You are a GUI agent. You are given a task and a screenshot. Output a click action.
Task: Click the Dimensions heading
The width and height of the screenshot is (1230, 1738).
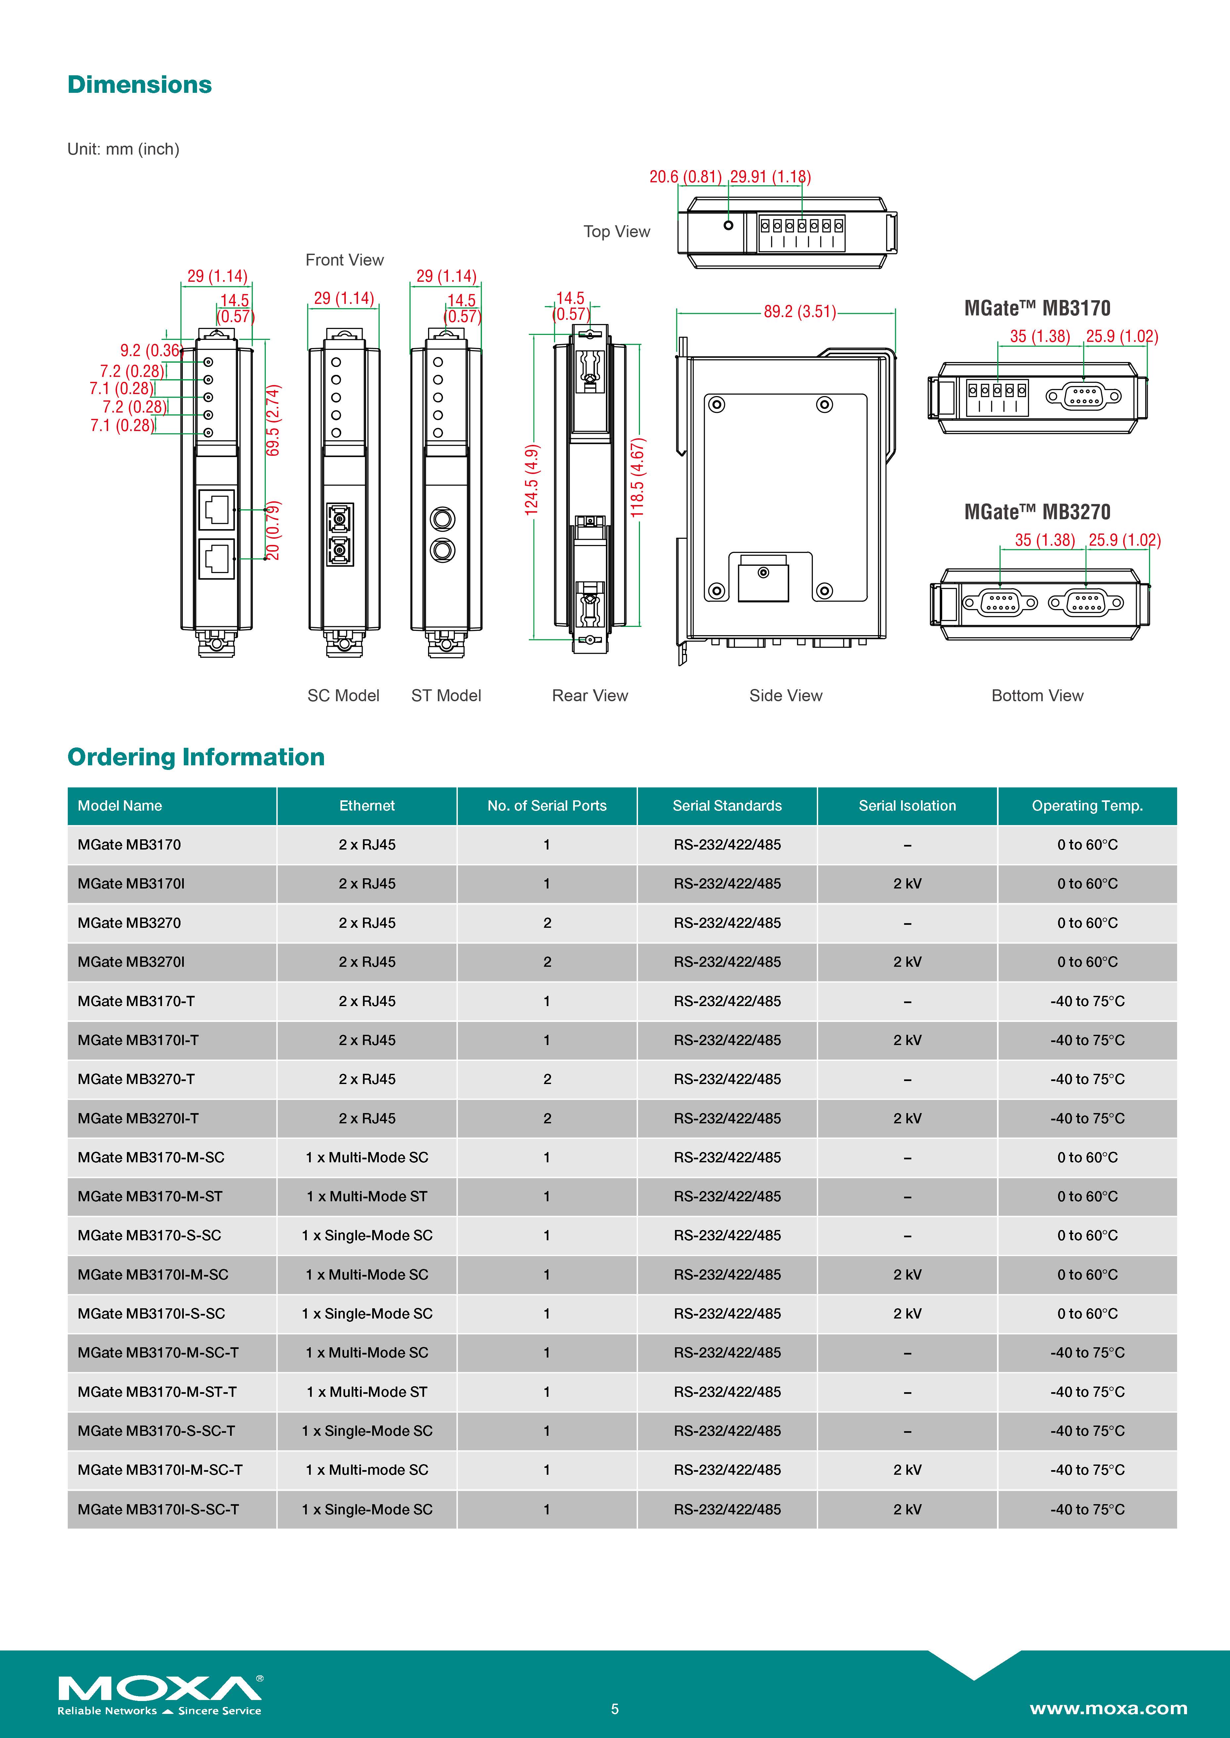139,85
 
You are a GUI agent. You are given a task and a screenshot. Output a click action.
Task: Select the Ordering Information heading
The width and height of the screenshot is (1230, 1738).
196,757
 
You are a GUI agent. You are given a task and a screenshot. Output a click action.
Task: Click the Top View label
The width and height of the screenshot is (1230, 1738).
616,232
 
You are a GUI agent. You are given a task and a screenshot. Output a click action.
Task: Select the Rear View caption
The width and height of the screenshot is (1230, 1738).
590,696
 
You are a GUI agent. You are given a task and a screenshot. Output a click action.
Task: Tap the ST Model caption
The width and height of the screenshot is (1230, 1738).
446,696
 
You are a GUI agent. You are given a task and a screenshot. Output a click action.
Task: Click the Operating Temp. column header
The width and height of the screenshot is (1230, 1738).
1087,805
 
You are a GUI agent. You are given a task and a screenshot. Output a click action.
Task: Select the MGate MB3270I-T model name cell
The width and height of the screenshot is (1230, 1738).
138,1118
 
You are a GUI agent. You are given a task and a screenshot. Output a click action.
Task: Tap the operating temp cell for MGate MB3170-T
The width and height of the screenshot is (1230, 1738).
1087,1001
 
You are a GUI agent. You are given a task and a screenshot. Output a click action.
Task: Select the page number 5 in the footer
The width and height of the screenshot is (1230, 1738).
615,1709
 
